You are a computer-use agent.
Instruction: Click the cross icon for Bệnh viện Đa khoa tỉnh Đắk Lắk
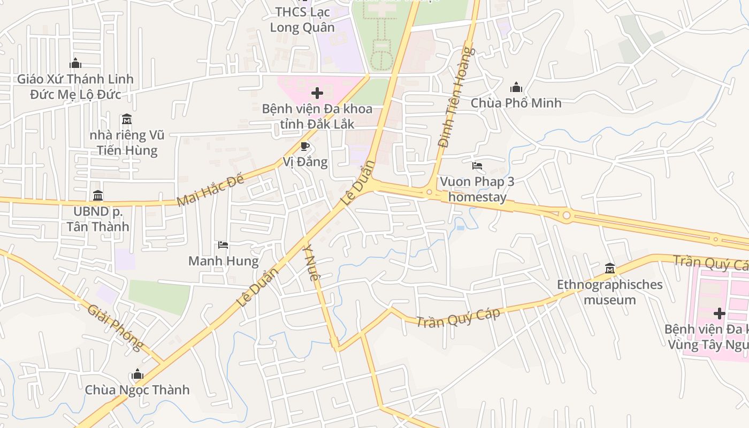point(317,94)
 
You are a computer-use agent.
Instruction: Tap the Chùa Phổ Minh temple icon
point(516,87)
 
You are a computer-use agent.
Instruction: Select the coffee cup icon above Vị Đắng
point(305,146)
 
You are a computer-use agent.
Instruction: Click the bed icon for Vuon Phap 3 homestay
point(477,166)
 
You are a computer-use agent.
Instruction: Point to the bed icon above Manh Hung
point(223,245)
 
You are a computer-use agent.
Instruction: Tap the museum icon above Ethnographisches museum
point(609,268)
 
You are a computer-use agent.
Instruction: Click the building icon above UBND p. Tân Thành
point(97,195)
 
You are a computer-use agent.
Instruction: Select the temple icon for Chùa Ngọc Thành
point(137,374)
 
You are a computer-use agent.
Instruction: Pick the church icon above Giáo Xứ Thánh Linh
point(75,63)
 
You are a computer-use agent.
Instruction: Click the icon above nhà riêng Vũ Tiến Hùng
point(126,118)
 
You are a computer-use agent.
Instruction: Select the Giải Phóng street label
point(116,327)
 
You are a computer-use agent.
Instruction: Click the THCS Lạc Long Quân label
point(302,19)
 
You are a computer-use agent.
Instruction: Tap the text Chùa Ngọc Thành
point(137,389)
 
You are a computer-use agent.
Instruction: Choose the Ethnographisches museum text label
point(609,292)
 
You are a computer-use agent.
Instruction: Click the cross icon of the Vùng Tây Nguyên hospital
point(720,313)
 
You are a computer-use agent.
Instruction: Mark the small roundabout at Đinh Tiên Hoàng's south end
point(429,192)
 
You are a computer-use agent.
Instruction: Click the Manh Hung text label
point(223,261)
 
